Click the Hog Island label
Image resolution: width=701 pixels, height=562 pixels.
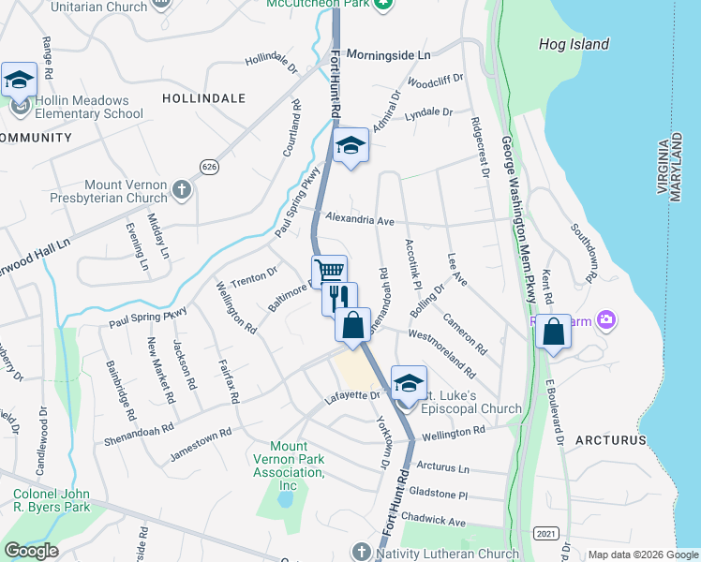pos(574,44)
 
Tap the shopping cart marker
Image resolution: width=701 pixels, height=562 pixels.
pos(329,271)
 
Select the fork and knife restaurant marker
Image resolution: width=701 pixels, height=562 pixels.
pos(339,297)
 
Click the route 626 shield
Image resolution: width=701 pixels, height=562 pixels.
pos(209,166)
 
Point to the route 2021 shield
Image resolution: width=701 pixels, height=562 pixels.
pos(545,533)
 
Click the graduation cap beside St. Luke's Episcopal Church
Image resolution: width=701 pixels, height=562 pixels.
pos(408,381)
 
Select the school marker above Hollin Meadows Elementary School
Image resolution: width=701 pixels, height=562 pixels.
pos(19,80)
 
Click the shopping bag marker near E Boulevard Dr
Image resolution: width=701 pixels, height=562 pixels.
pos(554,332)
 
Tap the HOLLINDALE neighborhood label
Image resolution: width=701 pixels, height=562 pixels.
pos(203,97)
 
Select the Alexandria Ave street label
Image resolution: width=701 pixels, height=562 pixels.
pos(360,220)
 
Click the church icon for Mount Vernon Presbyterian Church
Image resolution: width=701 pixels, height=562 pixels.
pos(182,191)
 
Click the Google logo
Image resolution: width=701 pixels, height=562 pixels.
pos(31,551)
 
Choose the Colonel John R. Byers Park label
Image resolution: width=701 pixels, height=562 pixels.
pos(52,500)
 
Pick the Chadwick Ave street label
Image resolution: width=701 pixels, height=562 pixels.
pos(432,520)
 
